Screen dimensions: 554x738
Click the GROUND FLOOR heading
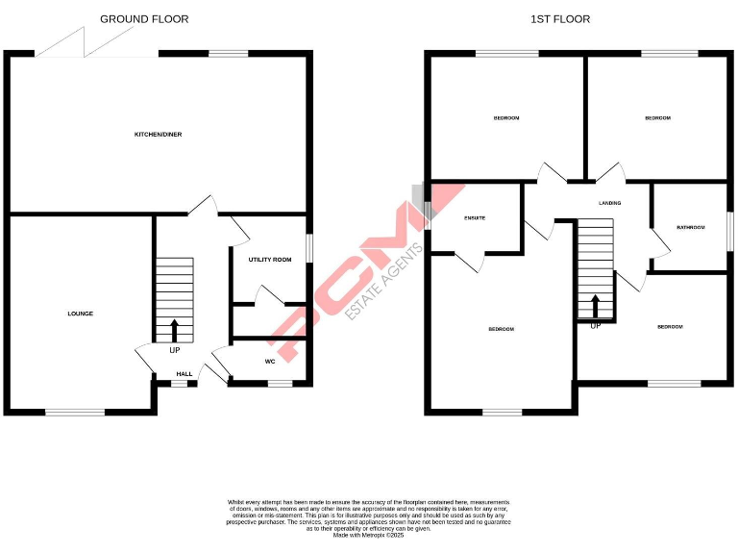tap(144, 19)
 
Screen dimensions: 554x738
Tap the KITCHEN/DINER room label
tap(158, 135)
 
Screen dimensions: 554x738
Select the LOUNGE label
tap(80, 314)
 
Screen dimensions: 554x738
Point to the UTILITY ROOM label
tap(270, 260)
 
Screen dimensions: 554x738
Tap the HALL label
tap(184, 374)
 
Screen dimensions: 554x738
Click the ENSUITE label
tap(475, 218)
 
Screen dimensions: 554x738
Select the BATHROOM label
tap(690, 228)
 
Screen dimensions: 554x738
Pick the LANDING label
tap(609, 204)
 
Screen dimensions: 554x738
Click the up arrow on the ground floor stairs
tap(174, 330)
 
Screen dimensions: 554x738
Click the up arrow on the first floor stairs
tap(595, 307)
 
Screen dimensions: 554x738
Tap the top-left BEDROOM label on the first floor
tap(506, 118)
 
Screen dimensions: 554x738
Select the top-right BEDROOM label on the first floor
tap(657, 118)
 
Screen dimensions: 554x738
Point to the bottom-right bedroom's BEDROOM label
tap(670, 327)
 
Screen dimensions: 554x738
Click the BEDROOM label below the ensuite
tap(501, 330)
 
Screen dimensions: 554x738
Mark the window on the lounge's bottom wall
tap(75, 413)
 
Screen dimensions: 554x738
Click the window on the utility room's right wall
tap(309, 247)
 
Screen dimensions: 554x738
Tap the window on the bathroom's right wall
tap(729, 227)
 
